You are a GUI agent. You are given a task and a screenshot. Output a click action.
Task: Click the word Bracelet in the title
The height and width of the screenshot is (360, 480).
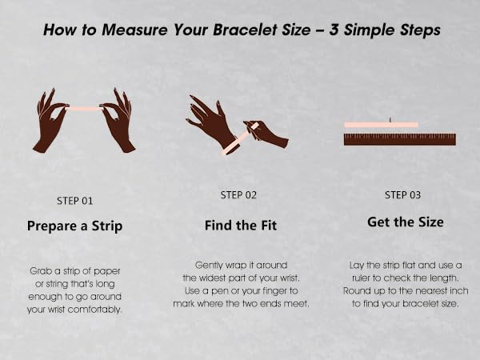262,30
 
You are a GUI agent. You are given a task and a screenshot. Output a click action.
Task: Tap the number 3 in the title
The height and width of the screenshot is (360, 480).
334,30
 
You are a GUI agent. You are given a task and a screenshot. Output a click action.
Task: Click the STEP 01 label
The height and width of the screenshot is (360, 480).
74,201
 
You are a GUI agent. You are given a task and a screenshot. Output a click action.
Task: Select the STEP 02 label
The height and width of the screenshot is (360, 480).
238,195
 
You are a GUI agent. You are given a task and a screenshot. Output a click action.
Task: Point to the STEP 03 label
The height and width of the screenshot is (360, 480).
403,195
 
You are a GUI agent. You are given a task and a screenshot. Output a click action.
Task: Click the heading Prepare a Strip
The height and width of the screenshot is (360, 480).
74,226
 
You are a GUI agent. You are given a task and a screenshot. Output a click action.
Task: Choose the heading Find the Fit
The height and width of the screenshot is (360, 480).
241,226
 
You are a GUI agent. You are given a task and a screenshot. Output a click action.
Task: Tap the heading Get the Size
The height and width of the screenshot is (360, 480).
406,222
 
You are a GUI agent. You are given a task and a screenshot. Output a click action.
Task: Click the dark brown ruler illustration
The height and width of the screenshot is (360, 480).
400,139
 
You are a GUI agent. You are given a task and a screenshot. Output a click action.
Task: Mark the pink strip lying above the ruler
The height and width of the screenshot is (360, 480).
381,125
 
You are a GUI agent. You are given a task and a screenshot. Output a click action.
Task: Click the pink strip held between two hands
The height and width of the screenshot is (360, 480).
85,108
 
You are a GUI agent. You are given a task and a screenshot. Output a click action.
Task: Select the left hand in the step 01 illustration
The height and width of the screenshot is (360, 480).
50,121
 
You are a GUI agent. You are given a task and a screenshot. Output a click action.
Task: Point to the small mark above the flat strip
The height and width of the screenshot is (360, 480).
390,120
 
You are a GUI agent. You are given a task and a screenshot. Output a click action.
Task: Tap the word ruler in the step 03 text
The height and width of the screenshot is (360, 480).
362,278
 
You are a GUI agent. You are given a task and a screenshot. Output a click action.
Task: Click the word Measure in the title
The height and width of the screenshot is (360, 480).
135,30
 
